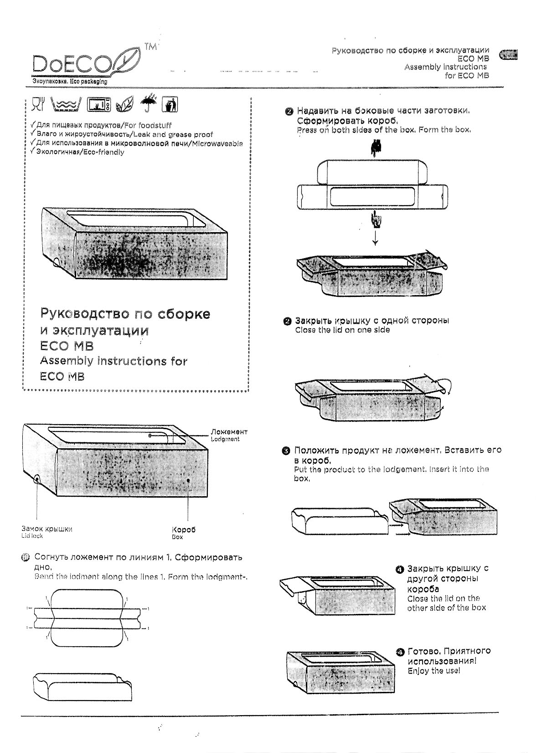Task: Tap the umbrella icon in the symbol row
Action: tap(148, 104)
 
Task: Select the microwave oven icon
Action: tap(99, 105)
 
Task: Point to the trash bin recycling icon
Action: tap(170, 105)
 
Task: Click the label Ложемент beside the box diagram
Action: tap(229, 431)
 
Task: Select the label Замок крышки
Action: tap(46, 529)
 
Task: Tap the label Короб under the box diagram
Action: tap(183, 530)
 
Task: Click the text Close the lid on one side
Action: tap(342, 330)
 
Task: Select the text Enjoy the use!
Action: tap(433, 670)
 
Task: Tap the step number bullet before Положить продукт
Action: tap(286, 451)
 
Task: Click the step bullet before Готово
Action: tap(400, 652)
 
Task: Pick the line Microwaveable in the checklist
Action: tap(137, 143)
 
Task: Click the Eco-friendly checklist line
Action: tap(78, 152)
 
